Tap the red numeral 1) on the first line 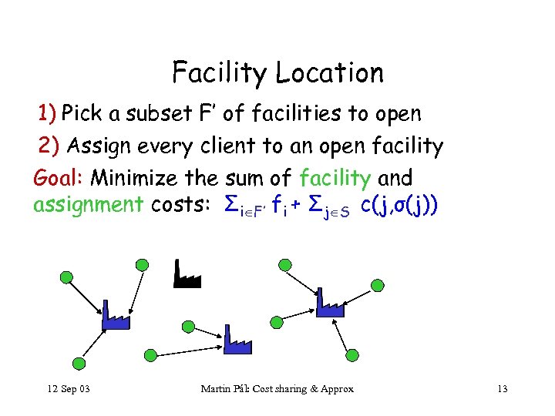pyautogui.click(x=47, y=114)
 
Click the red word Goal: pyautogui.click(x=59, y=179)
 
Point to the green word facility pyautogui.click(x=335, y=178)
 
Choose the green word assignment pyautogui.click(x=88, y=204)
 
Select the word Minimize pyautogui.click(x=136, y=179)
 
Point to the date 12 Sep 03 pyautogui.click(x=69, y=388)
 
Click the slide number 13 pyautogui.click(x=502, y=388)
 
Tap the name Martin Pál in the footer pyautogui.click(x=227, y=388)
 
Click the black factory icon pyautogui.click(x=187, y=274)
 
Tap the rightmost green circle pyautogui.click(x=377, y=284)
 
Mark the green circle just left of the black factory pyautogui.click(x=142, y=265)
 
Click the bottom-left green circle pyautogui.click(x=77, y=364)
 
